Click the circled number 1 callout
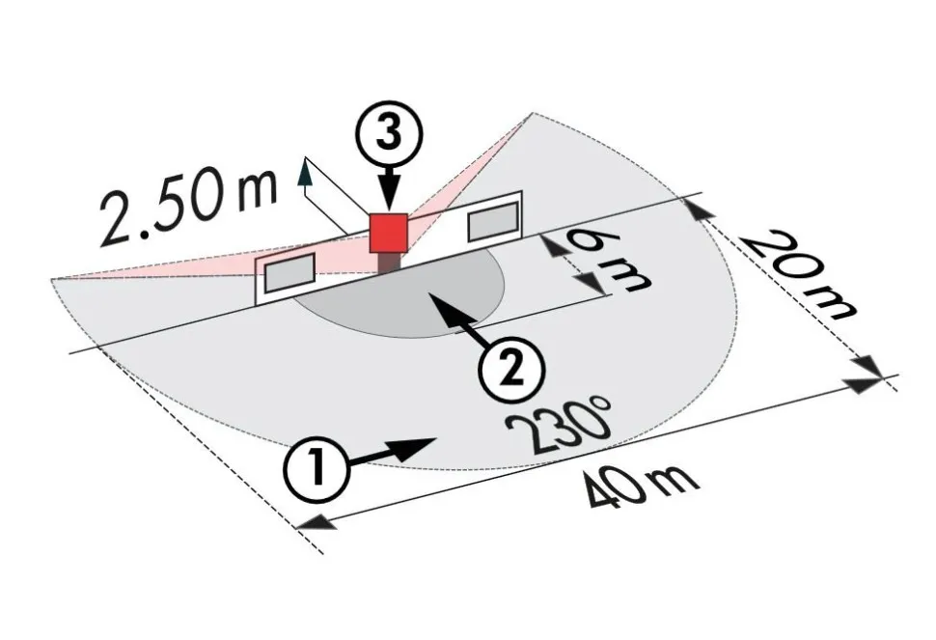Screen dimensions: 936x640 pos(317,466)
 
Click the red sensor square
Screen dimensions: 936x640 pos(388,233)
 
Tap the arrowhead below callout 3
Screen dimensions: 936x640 pos(389,200)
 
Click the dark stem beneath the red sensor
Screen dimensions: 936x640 pos(389,263)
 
